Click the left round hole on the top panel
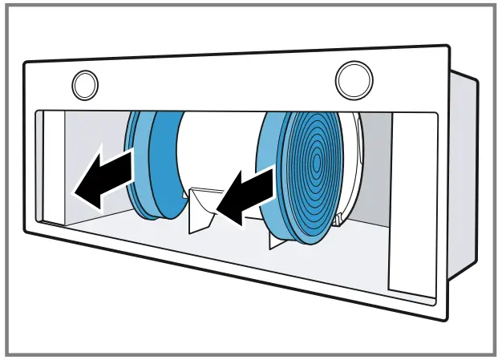(x=85, y=83)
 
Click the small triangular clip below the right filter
(x=276, y=239)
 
